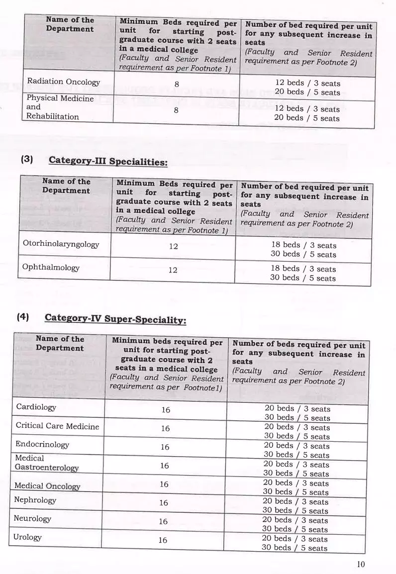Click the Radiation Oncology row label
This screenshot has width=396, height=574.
coord(63,82)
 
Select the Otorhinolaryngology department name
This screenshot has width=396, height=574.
coord(61,244)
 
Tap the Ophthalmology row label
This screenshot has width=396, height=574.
coord(51,267)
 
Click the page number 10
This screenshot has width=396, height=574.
coord(361,564)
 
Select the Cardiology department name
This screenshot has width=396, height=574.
coord(36,407)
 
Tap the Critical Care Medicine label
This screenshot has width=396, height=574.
coord(57,426)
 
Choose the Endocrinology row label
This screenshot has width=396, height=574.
coord(42,444)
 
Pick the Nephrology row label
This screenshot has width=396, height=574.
coord(35,500)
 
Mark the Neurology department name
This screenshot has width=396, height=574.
coord(32,519)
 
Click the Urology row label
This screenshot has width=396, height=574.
coord(27,537)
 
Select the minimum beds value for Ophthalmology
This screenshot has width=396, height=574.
coord(173,270)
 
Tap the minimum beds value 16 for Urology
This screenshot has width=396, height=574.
coord(163,540)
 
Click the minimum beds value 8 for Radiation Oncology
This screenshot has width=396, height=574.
coord(177,85)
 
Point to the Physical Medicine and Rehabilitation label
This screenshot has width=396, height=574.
coord(60,107)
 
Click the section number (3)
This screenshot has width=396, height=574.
coord(27,160)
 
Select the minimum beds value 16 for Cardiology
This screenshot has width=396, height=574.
coord(166,410)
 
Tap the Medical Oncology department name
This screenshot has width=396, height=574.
coord(47,485)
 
